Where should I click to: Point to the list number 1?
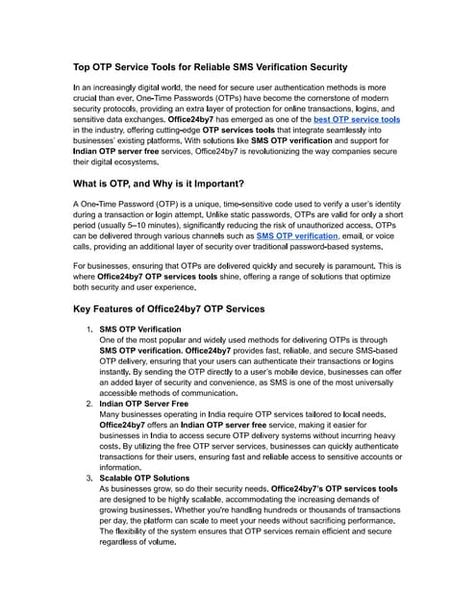[88, 331]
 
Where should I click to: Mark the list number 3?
[88, 479]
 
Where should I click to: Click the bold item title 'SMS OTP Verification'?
[139, 331]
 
